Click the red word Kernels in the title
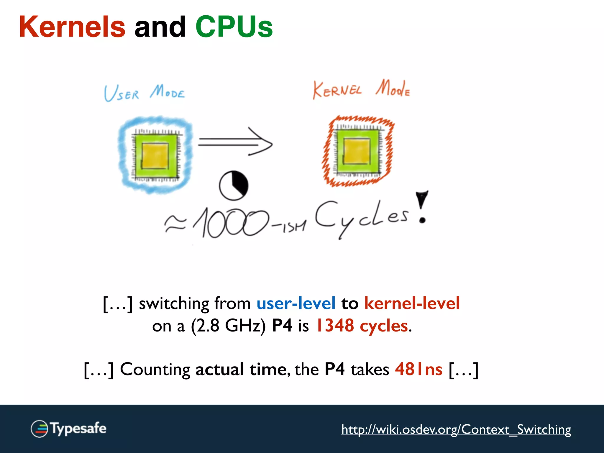pyautogui.click(x=72, y=27)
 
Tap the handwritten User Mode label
pyautogui.click(x=144, y=93)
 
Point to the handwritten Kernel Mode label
pyautogui.click(x=361, y=89)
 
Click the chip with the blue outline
pyautogui.click(x=155, y=155)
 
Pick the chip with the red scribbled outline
pyautogui.click(x=358, y=151)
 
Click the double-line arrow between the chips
pyautogui.click(x=235, y=142)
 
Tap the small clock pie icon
pyautogui.click(x=234, y=186)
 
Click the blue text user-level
pyautogui.click(x=296, y=303)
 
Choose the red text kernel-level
pyautogui.click(x=412, y=303)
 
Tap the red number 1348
pyautogui.click(x=335, y=326)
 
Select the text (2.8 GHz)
pyautogui.click(x=228, y=326)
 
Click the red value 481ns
pyautogui.click(x=418, y=369)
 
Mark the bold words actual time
pyautogui.click(x=241, y=369)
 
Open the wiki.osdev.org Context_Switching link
pyautogui.click(x=456, y=429)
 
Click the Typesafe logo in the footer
pyautogui.click(x=68, y=429)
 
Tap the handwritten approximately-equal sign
pyautogui.click(x=175, y=224)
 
